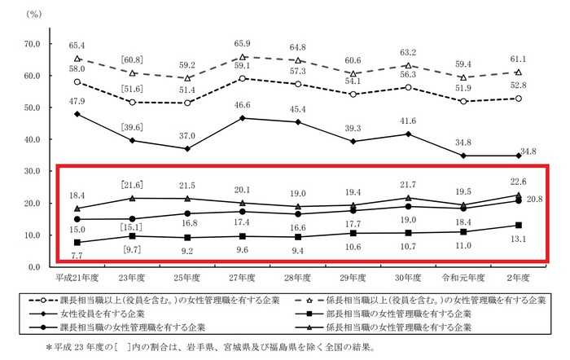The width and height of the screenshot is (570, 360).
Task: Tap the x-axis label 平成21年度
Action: [x=77, y=278]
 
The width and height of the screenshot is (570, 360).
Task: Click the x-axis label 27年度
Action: [x=243, y=278]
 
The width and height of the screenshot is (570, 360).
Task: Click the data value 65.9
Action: [x=243, y=43]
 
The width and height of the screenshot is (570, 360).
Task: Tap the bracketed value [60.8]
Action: [x=132, y=59]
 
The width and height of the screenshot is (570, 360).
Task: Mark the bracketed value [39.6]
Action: [x=132, y=125]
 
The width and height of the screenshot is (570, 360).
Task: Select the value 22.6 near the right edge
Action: [x=518, y=182]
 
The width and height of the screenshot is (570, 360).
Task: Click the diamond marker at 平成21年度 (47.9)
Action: [x=77, y=114]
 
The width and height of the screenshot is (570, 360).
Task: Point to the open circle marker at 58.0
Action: [x=77, y=82]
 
